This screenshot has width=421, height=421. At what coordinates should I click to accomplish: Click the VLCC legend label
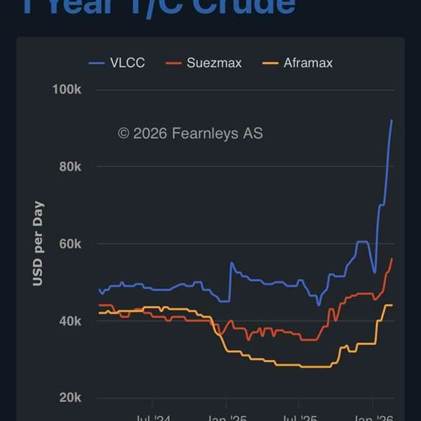click(127, 63)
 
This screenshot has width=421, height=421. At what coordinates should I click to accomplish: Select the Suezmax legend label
click(214, 63)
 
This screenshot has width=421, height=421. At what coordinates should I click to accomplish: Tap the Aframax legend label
click(308, 63)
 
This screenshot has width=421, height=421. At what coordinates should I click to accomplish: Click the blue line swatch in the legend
click(96, 63)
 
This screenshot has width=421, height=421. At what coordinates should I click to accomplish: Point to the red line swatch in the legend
click(173, 63)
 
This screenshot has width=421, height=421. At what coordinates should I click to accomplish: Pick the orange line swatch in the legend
click(270, 63)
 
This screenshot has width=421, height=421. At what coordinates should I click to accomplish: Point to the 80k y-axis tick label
click(69, 167)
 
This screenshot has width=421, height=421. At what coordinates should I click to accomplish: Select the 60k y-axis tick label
click(69, 244)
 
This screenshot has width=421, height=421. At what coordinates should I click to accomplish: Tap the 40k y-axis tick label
click(69, 321)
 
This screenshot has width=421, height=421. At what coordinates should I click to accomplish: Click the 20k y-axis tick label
click(69, 398)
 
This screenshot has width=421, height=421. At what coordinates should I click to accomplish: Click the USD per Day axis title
click(38, 243)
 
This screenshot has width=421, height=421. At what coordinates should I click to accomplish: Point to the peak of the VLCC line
click(392, 120)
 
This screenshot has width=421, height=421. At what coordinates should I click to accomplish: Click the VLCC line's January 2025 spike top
click(231, 263)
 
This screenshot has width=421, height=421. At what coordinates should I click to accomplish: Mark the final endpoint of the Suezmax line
click(392, 259)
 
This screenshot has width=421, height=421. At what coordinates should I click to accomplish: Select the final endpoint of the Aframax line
click(392, 305)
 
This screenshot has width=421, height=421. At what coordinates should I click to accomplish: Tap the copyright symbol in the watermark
click(123, 133)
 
